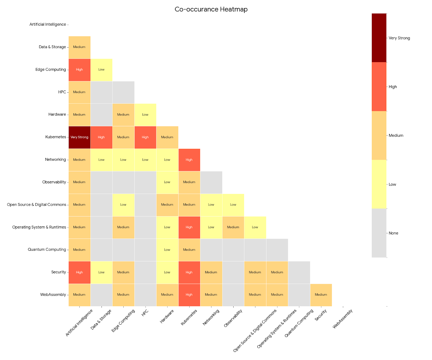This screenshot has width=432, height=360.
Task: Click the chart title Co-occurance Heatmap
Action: tap(211, 9)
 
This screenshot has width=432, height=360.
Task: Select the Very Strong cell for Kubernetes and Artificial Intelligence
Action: tap(79, 137)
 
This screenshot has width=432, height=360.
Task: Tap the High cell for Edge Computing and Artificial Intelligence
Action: tap(79, 70)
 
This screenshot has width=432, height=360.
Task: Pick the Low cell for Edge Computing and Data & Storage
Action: tap(101, 70)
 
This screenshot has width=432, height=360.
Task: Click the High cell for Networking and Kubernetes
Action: tap(189, 160)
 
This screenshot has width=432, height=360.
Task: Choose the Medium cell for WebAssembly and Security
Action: tap(321, 295)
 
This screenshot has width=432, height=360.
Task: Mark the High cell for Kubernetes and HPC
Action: tap(145, 137)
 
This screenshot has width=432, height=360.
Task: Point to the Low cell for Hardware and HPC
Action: tap(145, 115)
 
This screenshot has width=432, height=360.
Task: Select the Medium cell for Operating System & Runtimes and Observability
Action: tap(233, 227)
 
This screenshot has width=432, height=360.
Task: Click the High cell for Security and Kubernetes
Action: tap(189, 272)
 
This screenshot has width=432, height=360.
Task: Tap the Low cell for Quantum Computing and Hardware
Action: tap(167, 250)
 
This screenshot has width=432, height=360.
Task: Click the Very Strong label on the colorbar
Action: tap(399, 38)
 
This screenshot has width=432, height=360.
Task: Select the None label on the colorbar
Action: tap(393, 233)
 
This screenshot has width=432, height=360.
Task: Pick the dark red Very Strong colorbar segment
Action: tap(379, 38)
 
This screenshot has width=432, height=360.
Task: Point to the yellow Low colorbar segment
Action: tap(379, 184)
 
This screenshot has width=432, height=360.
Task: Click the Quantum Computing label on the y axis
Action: tap(47, 250)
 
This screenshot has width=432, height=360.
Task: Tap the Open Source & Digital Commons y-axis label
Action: tap(36, 205)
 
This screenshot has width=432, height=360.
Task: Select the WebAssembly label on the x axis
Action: tap(342, 319)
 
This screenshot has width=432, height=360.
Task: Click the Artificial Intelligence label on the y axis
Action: tap(48, 25)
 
